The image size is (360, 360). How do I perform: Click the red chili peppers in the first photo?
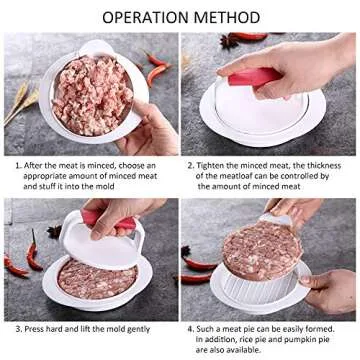tap(157, 69)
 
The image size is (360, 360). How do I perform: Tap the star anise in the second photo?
tap(232, 41)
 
